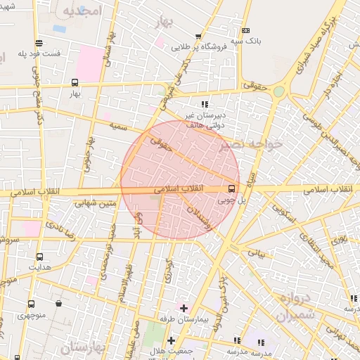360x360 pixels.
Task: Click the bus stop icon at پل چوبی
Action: (231, 188)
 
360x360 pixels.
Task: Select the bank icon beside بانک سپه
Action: (245, 31)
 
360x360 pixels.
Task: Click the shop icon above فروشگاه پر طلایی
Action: (198, 37)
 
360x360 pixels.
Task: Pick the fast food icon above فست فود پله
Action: (39, 43)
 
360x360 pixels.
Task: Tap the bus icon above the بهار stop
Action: (75, 82)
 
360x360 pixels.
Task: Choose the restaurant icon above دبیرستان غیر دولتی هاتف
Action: (205, 104)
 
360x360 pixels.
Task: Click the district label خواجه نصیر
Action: (250, 144)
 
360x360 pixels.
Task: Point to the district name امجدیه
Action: (82, 11)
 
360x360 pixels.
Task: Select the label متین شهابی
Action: (93, 203)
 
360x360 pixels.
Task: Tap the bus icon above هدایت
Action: (39, 257)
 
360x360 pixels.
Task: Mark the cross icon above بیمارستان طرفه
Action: (184, 308)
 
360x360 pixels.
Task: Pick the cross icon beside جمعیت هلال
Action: (171, 340)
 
